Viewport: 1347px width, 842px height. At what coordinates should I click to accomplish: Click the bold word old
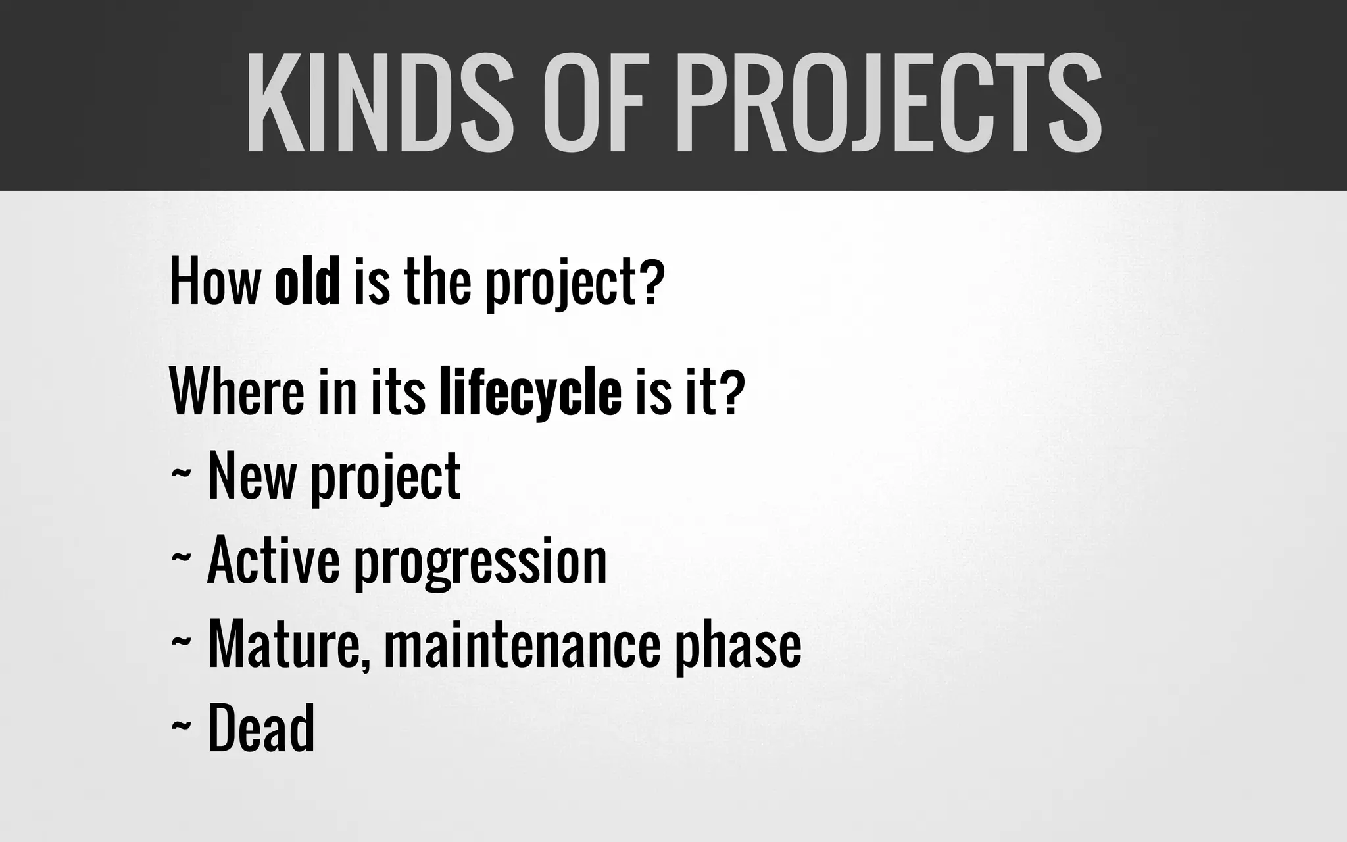(307, 283)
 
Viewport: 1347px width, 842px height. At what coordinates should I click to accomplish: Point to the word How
(214, 283)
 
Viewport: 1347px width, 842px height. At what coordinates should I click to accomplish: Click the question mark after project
(648, 283)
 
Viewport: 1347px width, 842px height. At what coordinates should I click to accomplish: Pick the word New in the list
(251, 476)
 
